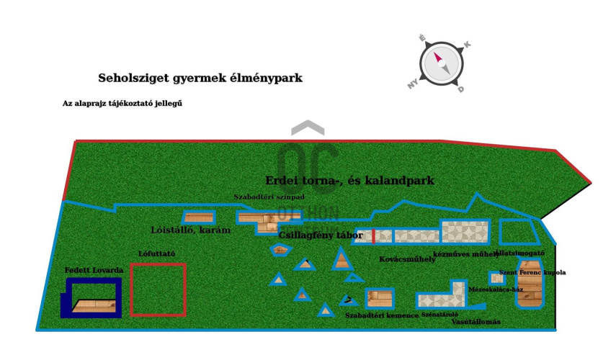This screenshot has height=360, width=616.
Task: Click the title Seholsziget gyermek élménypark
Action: [x=200, y=78]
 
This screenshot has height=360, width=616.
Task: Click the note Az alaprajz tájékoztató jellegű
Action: [x=122, y=103]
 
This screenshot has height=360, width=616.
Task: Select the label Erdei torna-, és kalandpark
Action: [x=349, y=181]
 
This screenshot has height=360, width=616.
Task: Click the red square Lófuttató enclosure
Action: [x=158, y=289]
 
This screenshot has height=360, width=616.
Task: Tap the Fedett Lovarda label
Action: [x=94, y=270]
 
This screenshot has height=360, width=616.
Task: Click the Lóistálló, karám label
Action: [x=191, y=230]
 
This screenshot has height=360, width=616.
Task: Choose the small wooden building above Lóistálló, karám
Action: [x=198, y=217]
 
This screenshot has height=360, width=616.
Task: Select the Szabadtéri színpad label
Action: [x=269, y=197]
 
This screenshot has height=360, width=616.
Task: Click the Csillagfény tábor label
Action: [x=321, y=235]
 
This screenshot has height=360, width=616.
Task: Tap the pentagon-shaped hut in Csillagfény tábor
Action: [x=280, y=250]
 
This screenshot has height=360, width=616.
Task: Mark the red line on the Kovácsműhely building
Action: [x=374, y=236]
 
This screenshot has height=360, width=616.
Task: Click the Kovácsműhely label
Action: [x=407, y=259]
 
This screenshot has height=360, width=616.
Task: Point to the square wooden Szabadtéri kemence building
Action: [x=379, y=298]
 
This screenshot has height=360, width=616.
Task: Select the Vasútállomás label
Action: [x=476, y=322]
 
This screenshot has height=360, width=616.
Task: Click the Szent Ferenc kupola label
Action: [x=532, y=272]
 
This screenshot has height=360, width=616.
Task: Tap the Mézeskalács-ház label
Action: [x=496, y=289]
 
